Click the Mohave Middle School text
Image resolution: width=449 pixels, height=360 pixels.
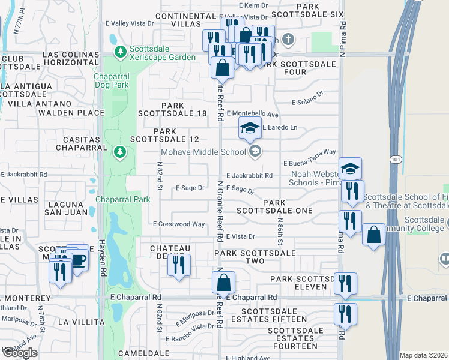point(204,152)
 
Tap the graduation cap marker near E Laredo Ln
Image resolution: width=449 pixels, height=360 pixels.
point(250,128)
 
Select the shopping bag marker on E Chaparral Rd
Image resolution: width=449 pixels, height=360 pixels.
point(223,282)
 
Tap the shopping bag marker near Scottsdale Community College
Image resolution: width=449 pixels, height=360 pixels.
point(373,235)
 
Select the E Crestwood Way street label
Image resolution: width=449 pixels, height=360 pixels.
point(179,224)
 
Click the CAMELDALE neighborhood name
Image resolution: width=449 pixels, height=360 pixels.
point(140,353)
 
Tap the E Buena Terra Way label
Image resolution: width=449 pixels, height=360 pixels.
point(309,153)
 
